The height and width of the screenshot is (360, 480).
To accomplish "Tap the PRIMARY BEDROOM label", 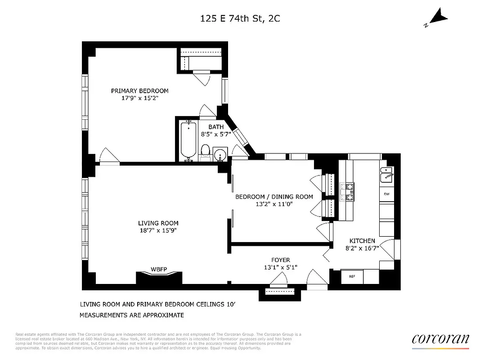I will [140, 91].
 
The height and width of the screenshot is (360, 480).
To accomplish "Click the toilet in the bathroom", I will [206, 152].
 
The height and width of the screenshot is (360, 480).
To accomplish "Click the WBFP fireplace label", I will [158, 270].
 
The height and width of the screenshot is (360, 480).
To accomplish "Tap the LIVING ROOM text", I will [158, 223].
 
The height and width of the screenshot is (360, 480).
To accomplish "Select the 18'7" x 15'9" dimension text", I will [158, 230].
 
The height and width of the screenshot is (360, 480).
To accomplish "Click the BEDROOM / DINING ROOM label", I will [274, 197].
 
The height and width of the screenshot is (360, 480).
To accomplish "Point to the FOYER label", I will [280, 260].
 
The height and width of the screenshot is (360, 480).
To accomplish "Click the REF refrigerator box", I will [352, 276].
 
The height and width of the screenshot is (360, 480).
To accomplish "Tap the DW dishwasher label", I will [386, 194].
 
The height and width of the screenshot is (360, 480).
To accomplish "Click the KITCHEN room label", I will [362, 241].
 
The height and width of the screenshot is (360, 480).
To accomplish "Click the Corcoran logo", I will [440, 339].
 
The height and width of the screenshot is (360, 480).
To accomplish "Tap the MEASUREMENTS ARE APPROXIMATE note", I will [132, 315].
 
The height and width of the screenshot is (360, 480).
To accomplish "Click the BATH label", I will [216, 127].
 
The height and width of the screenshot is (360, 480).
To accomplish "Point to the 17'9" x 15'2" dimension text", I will [140, 98].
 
